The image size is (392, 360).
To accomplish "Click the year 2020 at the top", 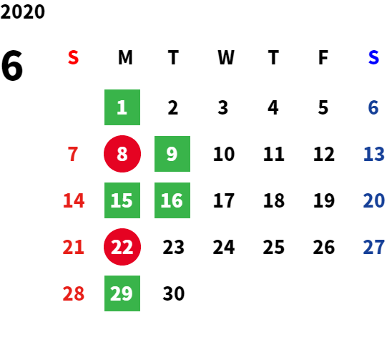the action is (x=22, y=11).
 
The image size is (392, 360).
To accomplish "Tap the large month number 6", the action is (x=12, y=65).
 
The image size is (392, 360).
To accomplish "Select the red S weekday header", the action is (x=73, y=57).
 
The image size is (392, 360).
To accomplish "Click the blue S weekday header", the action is (x=373, y=57).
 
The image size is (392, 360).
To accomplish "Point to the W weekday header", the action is (x=226, y=57).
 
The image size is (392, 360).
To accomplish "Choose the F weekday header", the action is (x=323, y=57).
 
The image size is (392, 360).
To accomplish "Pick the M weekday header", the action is (x=125, y=57).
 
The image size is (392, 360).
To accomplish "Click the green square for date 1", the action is (x=122, y=107).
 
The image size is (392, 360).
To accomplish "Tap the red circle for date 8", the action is (x=122, y=154).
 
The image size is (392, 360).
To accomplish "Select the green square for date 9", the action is (x=172, y=154).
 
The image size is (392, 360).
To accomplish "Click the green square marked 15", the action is (x=122, y=200).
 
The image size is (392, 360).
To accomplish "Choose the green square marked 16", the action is (x=172, y=200).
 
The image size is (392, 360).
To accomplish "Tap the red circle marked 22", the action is (x=122, y=247).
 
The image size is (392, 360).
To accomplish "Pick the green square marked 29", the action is (x=122, y=293).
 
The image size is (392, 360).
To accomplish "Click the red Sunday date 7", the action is (x=73, y=154).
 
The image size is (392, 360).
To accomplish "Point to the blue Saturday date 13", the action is (x=373, y=154).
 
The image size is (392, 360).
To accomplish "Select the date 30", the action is (x=174, y=293).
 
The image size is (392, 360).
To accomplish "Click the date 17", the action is (x=224, y=200).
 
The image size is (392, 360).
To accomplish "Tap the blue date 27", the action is (x=373, y=247).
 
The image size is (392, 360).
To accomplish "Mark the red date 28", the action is (x=73, y=293).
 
